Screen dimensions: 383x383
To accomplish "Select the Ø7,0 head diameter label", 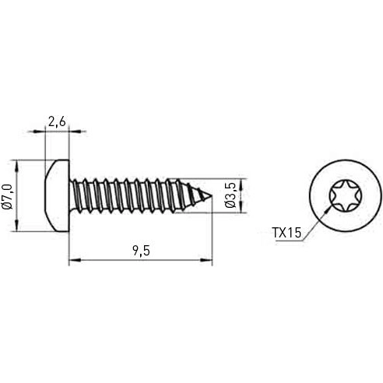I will click(x=7, y=195).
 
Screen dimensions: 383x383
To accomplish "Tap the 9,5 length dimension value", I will click(x=141, y=251).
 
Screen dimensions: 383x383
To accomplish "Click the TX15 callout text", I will click(x=286, y=232).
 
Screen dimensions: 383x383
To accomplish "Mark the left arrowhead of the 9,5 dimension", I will click(x=74, y=261).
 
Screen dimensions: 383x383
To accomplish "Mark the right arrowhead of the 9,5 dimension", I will click(x=208, y=261).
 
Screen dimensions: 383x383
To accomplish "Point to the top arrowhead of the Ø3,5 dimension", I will click(x=241, y=183).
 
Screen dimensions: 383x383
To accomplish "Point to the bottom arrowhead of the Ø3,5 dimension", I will click(x=241, y=207).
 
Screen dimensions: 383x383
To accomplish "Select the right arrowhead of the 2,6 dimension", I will click(x=66, y=131).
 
